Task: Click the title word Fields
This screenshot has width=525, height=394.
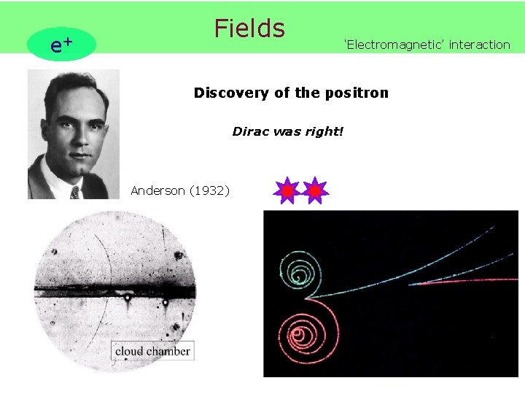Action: coord(249,28)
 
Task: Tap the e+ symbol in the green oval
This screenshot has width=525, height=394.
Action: coord(61,45)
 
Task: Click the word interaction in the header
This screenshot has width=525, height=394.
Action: coord(480,45)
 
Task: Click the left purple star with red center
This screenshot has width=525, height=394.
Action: coord(287,190)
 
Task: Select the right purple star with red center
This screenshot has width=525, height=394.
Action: coord(315,190)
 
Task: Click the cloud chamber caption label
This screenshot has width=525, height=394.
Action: coord(152,351)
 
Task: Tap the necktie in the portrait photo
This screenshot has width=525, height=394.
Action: coord(74,192)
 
